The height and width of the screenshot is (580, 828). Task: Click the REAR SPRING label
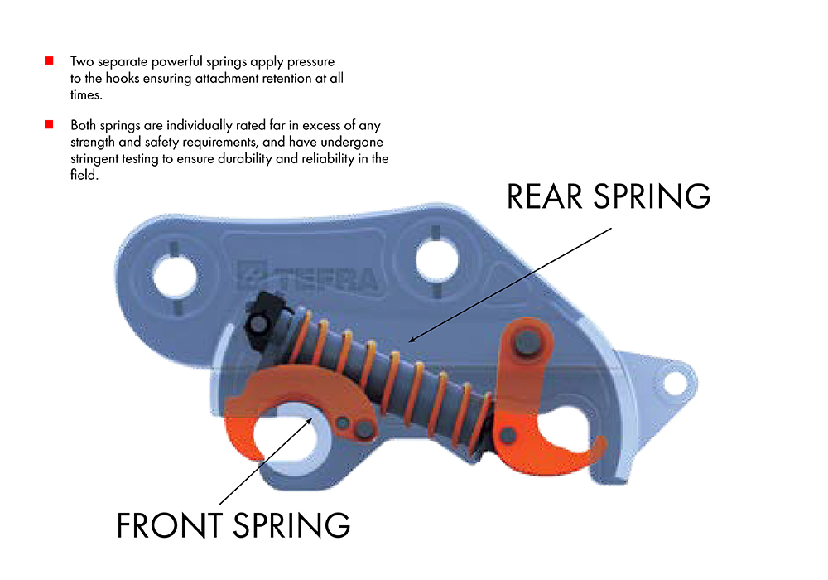(609, 196)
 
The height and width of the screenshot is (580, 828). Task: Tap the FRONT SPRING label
(233, 525)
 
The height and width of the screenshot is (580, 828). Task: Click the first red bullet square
(49, 60)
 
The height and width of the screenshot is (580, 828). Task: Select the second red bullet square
(49, 124)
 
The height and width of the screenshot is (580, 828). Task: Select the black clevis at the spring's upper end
(262, 321)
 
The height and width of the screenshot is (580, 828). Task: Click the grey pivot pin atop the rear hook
(527, 343)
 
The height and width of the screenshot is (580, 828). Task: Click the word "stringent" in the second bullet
(94, 159)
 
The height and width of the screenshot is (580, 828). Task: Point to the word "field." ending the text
(84, 175)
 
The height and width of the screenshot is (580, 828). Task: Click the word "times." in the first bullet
(86, 95)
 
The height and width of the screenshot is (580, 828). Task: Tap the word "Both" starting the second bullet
(84, 126)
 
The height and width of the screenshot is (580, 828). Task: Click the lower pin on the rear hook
(508, 437)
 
